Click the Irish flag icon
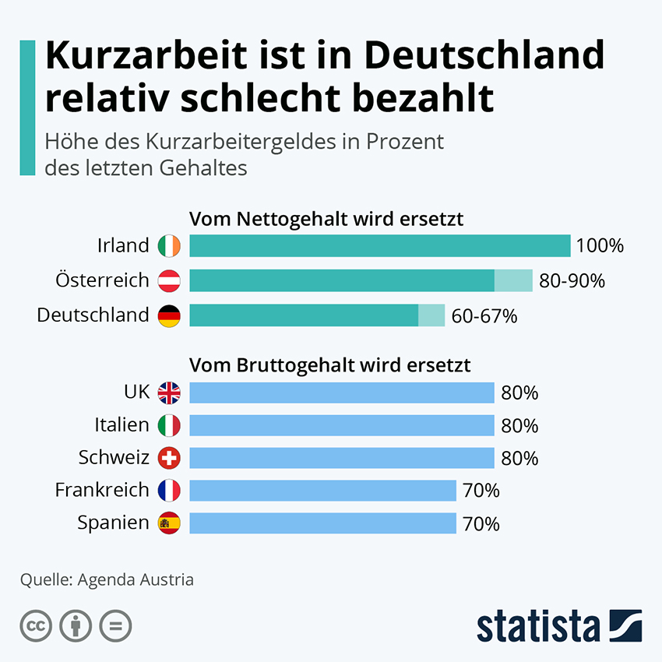point(169,246)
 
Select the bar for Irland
point(379,246)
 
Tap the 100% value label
point(600,247)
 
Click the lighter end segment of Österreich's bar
point(513,280)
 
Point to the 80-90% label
point(572,281)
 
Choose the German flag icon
point(169,315)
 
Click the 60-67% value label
point(484,316)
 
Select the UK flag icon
point(169,393)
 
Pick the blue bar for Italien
point(341,425)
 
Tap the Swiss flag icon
point(169,458)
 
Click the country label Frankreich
point(101,490)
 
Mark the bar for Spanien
point(322,523)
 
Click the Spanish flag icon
point(169,523)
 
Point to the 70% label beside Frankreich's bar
point(481,491)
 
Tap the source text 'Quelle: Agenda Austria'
point(107,580)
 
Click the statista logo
point(558,625)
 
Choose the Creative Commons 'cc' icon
point(36,625)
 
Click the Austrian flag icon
point(169,280)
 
